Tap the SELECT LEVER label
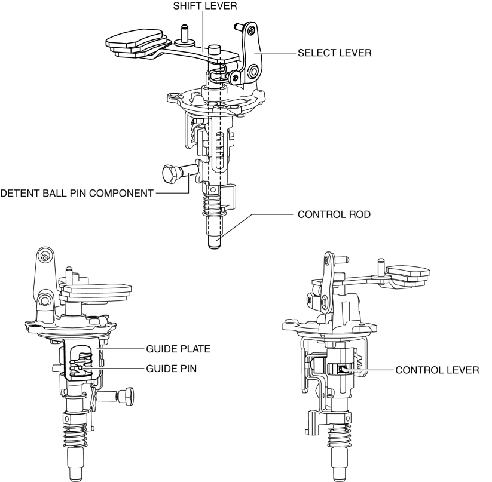(335, 53)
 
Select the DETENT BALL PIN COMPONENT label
(77, 192)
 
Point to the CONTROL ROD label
(328, 214)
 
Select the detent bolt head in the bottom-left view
(127, 395)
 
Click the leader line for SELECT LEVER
(281, 53)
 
